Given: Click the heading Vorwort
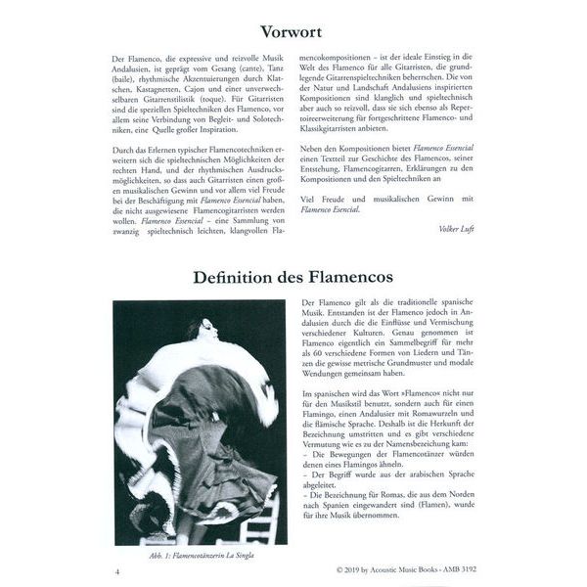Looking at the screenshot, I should (x=293, y=32).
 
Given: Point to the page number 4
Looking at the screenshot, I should (x=117, y=570).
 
